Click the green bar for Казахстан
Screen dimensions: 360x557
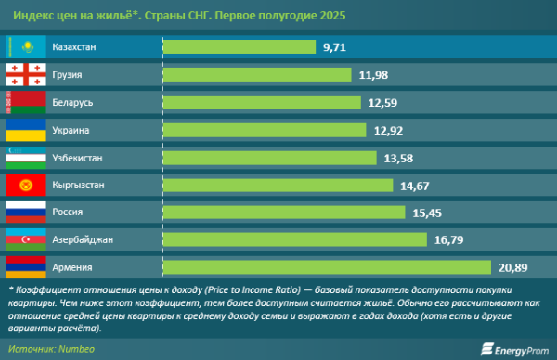pyautogui.click(x=239, y=45)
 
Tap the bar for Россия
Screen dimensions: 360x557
pyautogui.click(x=284, y=212)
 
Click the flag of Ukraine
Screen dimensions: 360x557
pyautogui.click(x=27, y=130)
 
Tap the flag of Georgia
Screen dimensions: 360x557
pyautogui.click(x=27, y=74)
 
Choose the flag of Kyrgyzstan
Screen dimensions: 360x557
pyautogui.click(x=27, y=186)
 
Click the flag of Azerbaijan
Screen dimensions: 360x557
pyautogui.click(x=27, y=240)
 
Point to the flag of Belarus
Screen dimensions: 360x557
pyautogui.click(x=27, y=102)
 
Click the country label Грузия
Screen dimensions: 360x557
pyautogui.click(x=73, y=74)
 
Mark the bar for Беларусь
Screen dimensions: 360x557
pyautogui.click(x=261, y=102)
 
